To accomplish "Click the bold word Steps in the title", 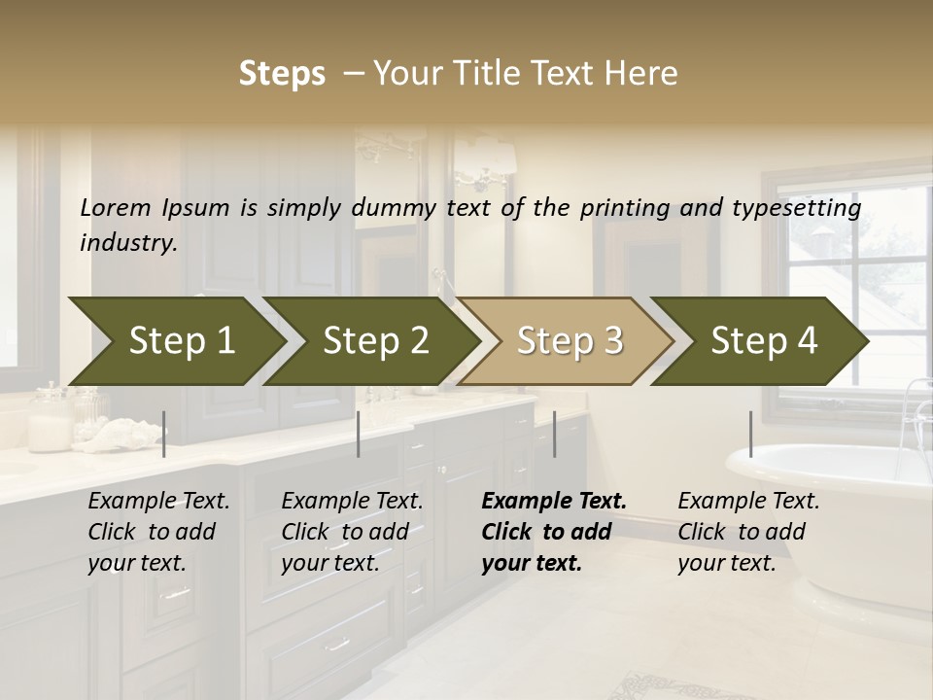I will [282, 73].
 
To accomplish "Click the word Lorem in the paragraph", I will [115, 207].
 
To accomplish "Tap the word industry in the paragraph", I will [128, 242].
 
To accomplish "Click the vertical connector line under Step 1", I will [164, 434].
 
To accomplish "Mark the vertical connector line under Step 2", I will [359, 434].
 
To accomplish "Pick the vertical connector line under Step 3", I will [555, 434].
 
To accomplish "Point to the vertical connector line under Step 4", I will [751, 434].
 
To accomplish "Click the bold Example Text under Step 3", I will [554, 501].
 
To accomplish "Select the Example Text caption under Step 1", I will [158, 501].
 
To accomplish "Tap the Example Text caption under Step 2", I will [352, 501].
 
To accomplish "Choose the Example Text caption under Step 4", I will [748, 501].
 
